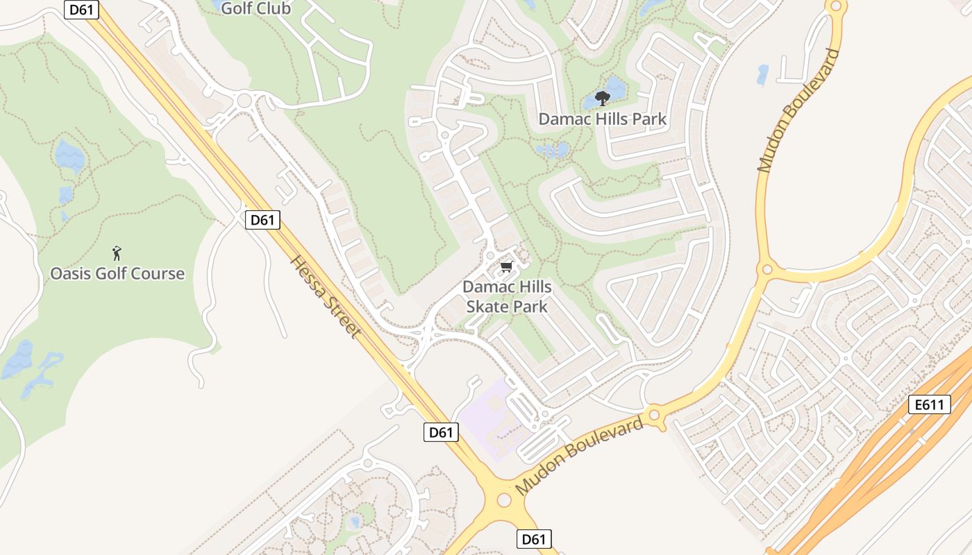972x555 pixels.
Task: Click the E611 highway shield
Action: (929, 404)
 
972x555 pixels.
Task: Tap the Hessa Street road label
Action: (326, 296)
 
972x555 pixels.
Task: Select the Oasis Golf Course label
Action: (117, 273)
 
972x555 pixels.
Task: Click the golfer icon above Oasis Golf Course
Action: (117, 253)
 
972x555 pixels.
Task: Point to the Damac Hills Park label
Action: (602, 119)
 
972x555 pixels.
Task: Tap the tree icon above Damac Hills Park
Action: (602, 99)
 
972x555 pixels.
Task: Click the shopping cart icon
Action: (507, 267)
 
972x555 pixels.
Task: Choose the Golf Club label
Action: (255, 9)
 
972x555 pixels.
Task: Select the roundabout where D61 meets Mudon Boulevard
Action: (505, 500)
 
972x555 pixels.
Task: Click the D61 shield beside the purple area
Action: (440, 432)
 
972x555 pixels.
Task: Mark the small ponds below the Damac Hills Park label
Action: (553, 151)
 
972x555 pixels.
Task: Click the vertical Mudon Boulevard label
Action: (798, 111)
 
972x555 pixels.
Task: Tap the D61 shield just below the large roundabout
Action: (534, 539)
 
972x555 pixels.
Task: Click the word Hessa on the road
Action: (308, 276)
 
